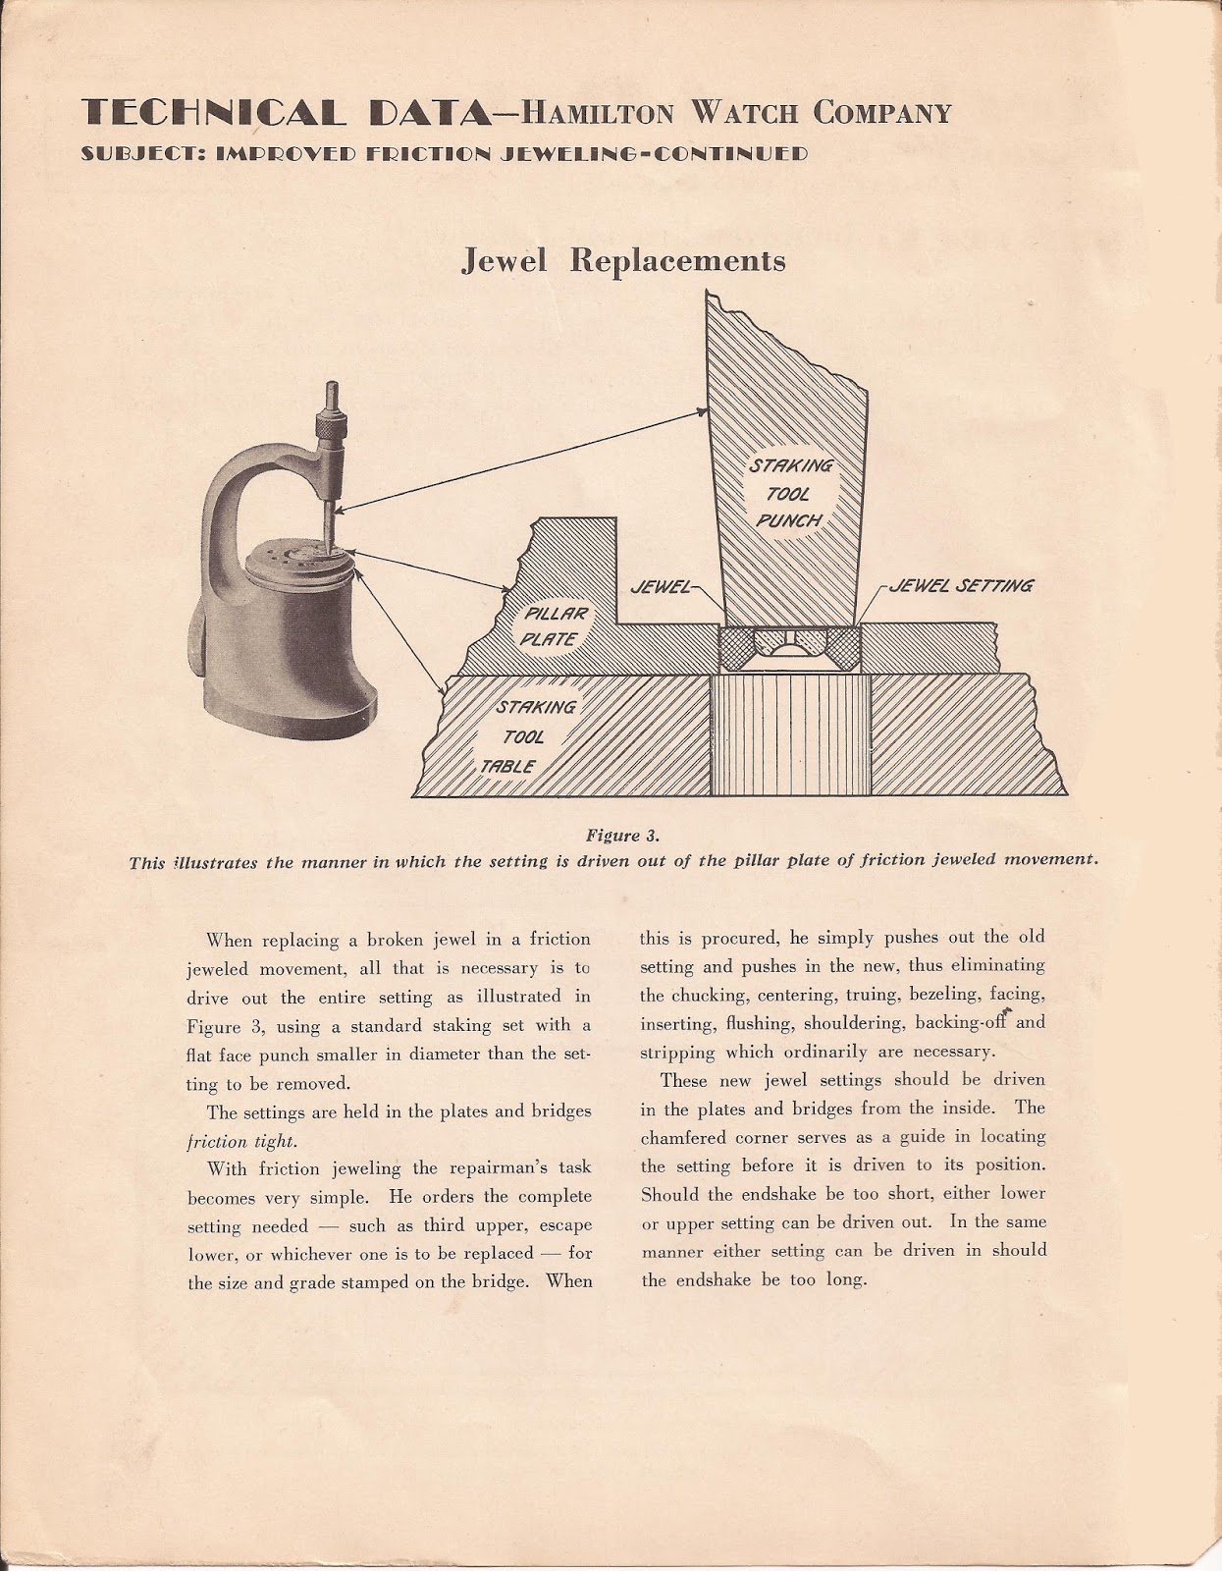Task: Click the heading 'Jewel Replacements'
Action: coord(623,261)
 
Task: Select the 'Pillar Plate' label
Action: coord(556,626)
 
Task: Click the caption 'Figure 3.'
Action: coord(622,836)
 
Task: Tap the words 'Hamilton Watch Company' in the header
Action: coord(735,114)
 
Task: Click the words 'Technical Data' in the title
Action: coord(288,114)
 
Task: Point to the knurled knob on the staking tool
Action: coord(325,428)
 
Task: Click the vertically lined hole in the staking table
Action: coord(791,733)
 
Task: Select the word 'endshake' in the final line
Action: coord(714,1280)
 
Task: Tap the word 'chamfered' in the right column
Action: coord(683,1137)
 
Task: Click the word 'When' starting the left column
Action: coord(229,940)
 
